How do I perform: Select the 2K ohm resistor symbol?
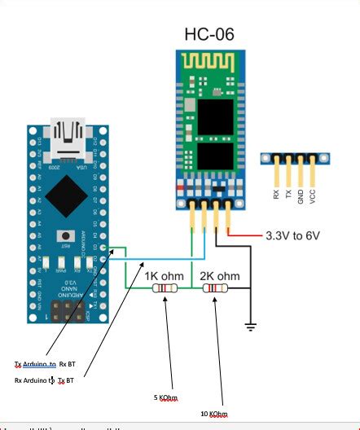(215, 288)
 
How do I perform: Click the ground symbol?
(252, 327)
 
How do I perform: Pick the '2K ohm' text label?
(219, 275)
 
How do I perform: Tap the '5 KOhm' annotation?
(165, 397)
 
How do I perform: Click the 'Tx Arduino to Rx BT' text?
(46, 364)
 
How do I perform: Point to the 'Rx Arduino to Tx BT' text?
(45, 380)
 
